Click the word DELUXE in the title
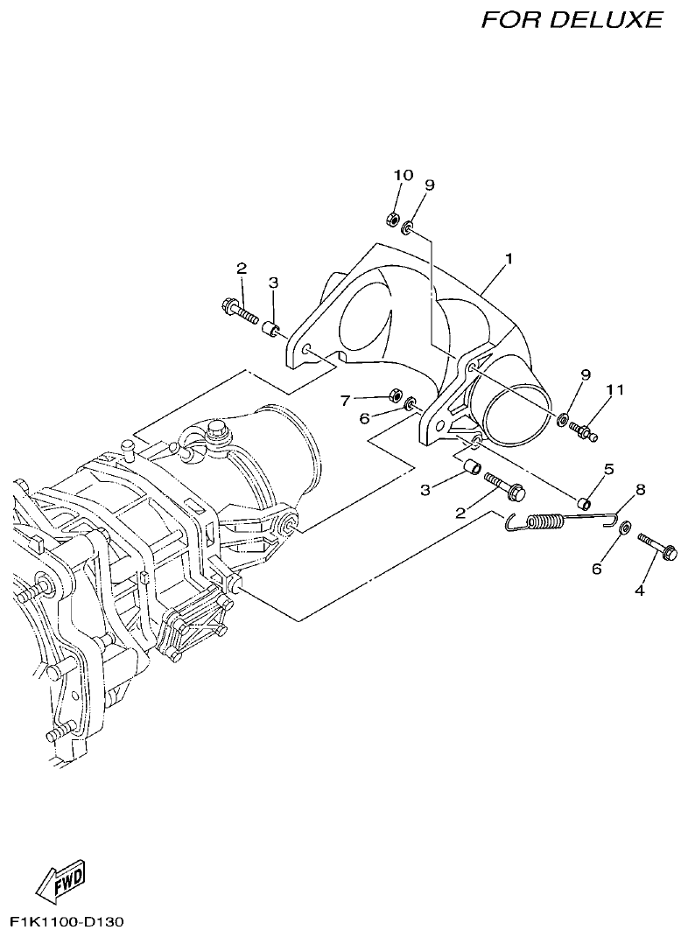point(606,19)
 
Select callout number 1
point(509,259)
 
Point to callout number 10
point(403,176)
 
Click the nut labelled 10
point(393,217)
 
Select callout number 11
point(615,390)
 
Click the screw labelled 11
point(583,430)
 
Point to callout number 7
point(346,400)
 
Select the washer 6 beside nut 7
point(409,404)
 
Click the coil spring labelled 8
point(543,521)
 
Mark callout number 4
point(639,591)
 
